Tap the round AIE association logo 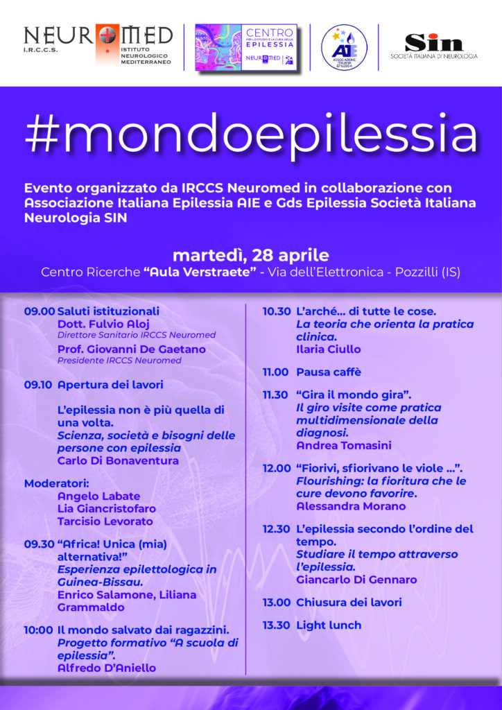tap(343, 47)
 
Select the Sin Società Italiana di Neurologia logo tap(434, 46)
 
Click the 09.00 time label tap(39, 311)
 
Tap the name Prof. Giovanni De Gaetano tap(130, 349)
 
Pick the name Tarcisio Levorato tap(105, 521)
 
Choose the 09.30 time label tap(39, 544)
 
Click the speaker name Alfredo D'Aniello tap(106, 668)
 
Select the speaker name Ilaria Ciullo tap(328, 349)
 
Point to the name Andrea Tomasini tap(343, 445)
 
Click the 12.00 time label tap(277, 468)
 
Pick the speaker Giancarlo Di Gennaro tap(356, 579)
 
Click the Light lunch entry tap(329, 625)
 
